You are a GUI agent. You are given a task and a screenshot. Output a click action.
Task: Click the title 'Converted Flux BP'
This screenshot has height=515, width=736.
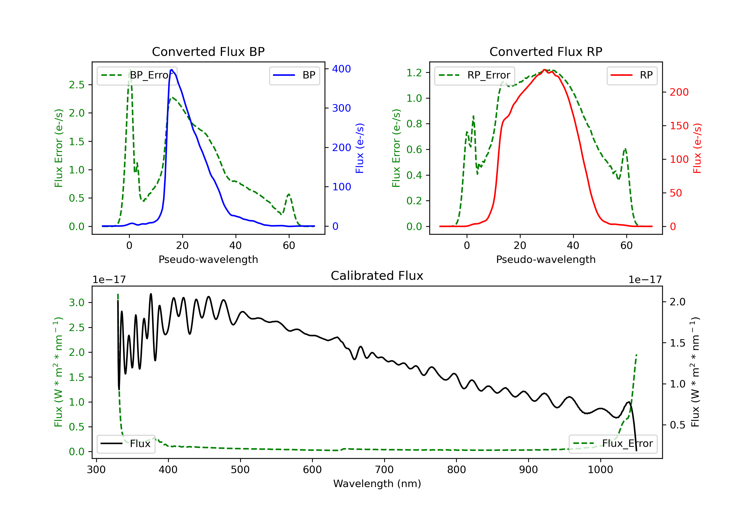click(x=208, y=51)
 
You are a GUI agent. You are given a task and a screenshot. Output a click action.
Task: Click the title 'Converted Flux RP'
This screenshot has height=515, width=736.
click(x=546, y=51)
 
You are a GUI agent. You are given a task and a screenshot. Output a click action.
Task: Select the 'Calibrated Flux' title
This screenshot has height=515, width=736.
click(x=377, y=276)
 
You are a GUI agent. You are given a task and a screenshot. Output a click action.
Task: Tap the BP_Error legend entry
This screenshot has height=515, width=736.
click(x=137, y=75)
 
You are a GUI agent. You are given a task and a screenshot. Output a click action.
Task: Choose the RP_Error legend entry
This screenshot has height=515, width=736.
click(x=474, y=75)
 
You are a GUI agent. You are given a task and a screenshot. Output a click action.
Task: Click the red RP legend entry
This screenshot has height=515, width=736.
click(x=632, y=75)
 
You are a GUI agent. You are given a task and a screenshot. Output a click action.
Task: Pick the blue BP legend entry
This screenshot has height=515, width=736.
click(x=294, y=75)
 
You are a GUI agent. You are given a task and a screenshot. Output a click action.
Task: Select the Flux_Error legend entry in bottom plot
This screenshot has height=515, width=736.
click(x=613, y=444)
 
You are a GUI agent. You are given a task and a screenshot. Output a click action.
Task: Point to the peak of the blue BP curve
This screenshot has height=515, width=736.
click(x=172, y=70)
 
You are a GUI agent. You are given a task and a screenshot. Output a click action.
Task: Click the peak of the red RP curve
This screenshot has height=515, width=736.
click(x=544, y=70)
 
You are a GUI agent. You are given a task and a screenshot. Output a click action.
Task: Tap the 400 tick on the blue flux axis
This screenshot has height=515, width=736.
click(x=342, y=69)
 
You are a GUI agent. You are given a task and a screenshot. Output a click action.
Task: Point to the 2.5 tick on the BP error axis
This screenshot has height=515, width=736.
click(x=77, y=85)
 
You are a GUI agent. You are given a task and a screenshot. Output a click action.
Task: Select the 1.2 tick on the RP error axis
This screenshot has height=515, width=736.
click(x=414, y=73)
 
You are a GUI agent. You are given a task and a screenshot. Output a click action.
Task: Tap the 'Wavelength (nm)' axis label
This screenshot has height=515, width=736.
click(x=377, y=484)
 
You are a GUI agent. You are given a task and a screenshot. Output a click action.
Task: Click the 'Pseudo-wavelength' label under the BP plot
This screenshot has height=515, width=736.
click(x=208, y=259)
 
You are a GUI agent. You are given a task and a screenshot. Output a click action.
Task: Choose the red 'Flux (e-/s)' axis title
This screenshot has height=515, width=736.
click(x=697, y=148)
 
